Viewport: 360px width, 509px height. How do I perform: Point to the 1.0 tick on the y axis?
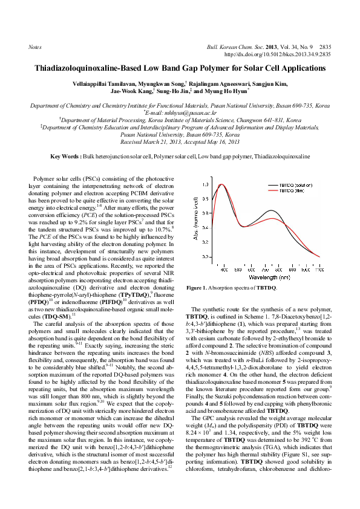pos(206,184)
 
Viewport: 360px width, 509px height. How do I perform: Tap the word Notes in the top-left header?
pos(35,47)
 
